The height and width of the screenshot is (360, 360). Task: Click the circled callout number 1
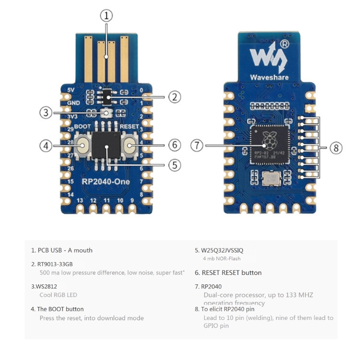(x=106, y=16)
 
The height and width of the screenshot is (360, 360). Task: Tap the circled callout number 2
(x=175, y=96)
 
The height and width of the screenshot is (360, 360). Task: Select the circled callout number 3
(x=45, y=112)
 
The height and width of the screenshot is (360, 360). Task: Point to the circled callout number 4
(x=45, y=145)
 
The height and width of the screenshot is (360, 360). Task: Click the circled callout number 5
(x=175, y=165)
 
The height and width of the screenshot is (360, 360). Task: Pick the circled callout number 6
(x=175, y=145)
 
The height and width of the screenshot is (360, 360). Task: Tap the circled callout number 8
(x=336, y=148)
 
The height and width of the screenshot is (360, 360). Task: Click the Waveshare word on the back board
(x=270, y=76)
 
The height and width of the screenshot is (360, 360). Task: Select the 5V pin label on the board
(x=70, y=90)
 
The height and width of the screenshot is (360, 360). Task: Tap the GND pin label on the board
(x=73, y=103)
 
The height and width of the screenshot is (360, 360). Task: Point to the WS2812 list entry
(x=44, y=286)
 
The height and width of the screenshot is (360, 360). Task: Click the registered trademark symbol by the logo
(x=285, y=44)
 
